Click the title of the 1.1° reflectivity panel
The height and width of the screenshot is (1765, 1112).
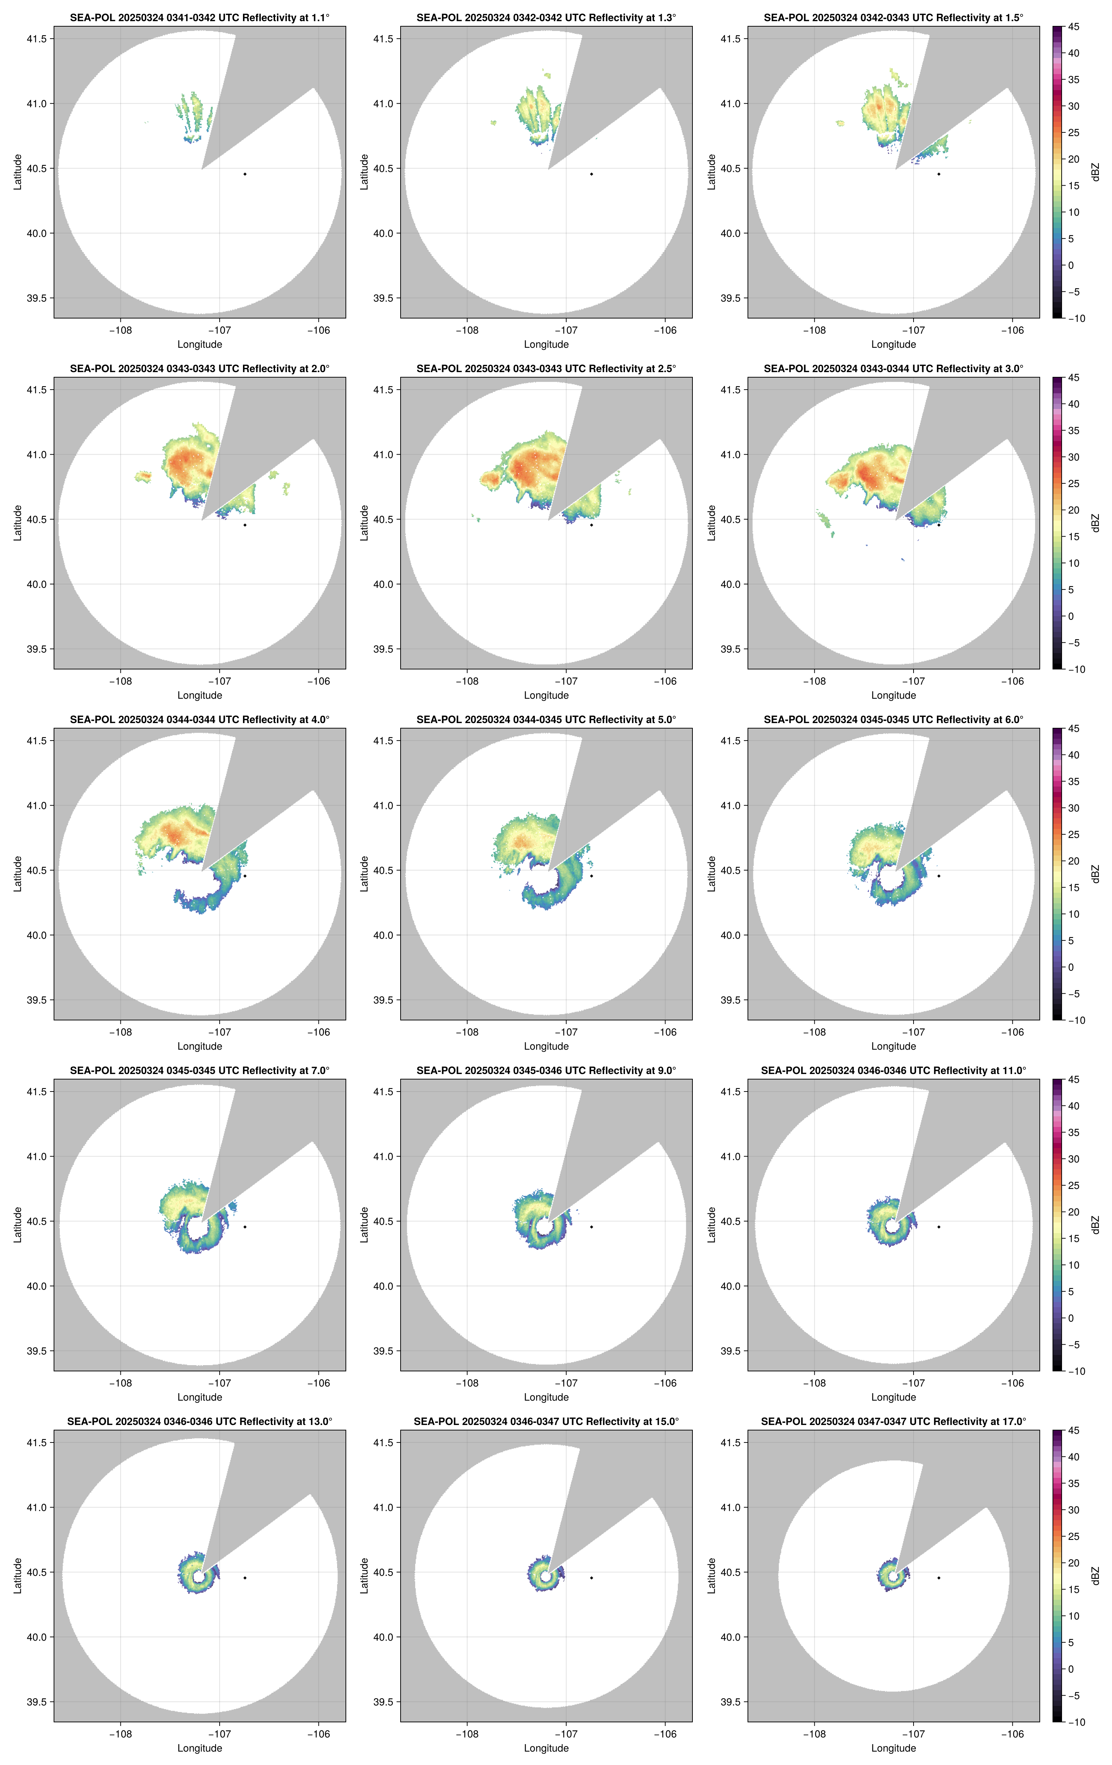pos(200,18)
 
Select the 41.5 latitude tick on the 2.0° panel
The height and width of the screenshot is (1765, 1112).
pos(36,390)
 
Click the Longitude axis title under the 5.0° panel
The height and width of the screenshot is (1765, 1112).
pos(546,1046)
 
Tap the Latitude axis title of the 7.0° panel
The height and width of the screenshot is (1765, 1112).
pos(18,1224)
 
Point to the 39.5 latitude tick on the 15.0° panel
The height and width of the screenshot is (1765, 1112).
pos(383,1702)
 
